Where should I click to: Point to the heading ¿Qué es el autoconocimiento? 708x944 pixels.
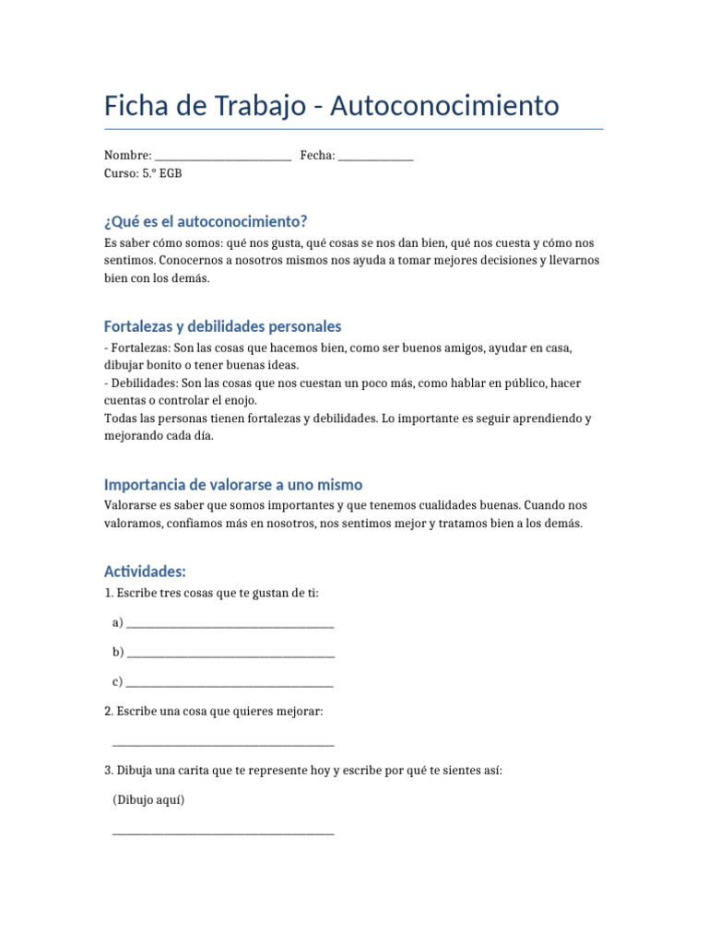tap(206, 222)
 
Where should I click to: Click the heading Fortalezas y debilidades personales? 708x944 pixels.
tap(223, 326)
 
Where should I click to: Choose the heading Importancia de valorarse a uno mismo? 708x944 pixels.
tap(233, 484)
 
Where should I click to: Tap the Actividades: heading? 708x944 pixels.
tap(146, 572)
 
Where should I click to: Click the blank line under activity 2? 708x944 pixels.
tap(223, 742)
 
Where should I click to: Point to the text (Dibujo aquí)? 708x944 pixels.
tap(148, 800)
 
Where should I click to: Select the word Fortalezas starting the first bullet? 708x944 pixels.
tap(141, 348)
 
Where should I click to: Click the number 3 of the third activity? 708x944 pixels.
tap(108, 771)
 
